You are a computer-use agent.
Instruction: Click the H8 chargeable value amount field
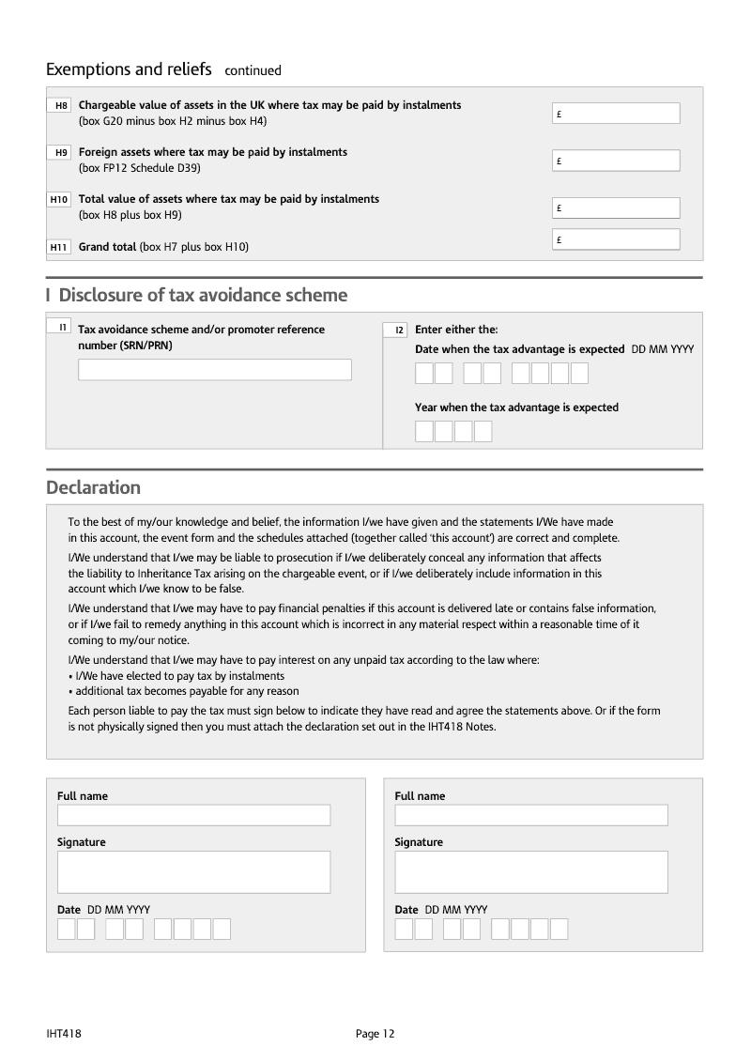[617, 114]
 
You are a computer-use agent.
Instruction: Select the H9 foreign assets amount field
[617, 161]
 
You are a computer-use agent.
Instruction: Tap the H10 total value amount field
[617, 208]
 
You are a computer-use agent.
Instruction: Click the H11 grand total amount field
[617, 239]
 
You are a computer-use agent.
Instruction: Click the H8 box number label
[61, 106]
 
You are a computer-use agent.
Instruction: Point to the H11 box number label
[59, 247]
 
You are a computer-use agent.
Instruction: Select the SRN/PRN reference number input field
[214, 369]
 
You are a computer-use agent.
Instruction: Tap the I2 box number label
[397, 330]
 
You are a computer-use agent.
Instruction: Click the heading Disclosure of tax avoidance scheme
[202, 296]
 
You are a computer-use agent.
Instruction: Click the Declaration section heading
[93, 487]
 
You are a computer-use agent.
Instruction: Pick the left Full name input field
[193, 815]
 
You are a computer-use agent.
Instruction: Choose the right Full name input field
[530, 815]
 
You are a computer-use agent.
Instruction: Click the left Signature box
[193, 872]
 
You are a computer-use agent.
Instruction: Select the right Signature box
[530, 872]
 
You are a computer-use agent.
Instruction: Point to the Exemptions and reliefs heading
[129, 69]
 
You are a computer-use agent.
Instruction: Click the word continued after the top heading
[253, 70]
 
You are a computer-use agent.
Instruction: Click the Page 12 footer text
[375, 1034]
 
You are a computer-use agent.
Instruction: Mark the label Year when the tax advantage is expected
[516, 407]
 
